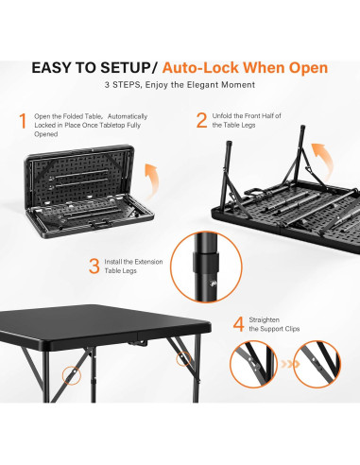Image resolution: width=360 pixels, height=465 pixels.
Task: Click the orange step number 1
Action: (x=23, y=121)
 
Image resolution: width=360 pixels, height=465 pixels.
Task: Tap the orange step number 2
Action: (x=201, y=120)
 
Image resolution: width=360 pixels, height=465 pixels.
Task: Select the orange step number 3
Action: (x=94, y=267)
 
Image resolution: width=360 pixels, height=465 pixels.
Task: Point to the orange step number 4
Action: (x=238, y=324)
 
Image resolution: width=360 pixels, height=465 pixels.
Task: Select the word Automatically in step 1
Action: (x=128, y=116)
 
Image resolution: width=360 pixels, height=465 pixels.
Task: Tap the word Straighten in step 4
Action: (x=264, y=319)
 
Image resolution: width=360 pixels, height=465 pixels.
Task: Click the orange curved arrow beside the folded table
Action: (x=153, y=181)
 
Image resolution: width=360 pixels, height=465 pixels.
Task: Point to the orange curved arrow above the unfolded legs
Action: (x=324, y=158)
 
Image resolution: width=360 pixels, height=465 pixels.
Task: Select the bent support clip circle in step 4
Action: (x=253, y=364)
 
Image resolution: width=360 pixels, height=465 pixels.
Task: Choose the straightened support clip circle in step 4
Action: (x=317, y=364)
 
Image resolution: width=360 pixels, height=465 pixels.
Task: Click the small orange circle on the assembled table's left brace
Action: (x=72, y=374)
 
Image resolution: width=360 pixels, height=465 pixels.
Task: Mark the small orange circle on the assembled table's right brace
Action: (x=183, y=359)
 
